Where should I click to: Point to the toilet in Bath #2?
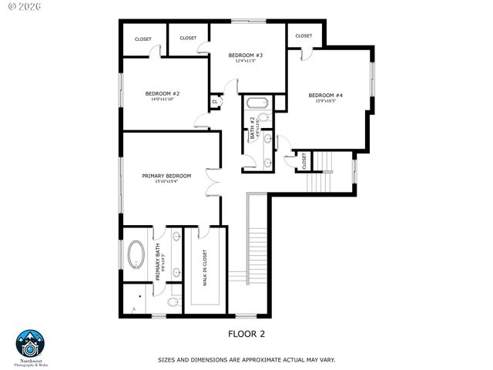tap(263, 118)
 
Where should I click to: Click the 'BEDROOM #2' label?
tap(163, 94)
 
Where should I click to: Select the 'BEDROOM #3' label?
tap(246, 55)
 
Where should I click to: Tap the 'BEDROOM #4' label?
tap(325, 96)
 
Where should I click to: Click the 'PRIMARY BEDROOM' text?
tap(166, 176)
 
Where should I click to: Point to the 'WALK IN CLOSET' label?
tap(205, 267)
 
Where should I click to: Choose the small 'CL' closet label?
tap(215, 101)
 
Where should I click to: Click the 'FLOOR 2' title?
tap(246, 334)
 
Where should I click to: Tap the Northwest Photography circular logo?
tap(31, 345)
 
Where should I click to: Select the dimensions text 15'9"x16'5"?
tap(325, 102)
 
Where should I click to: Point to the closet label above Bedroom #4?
tap(304, 35)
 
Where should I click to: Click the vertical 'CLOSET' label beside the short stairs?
tap(304, 160)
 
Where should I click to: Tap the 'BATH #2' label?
tap(252, 128)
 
